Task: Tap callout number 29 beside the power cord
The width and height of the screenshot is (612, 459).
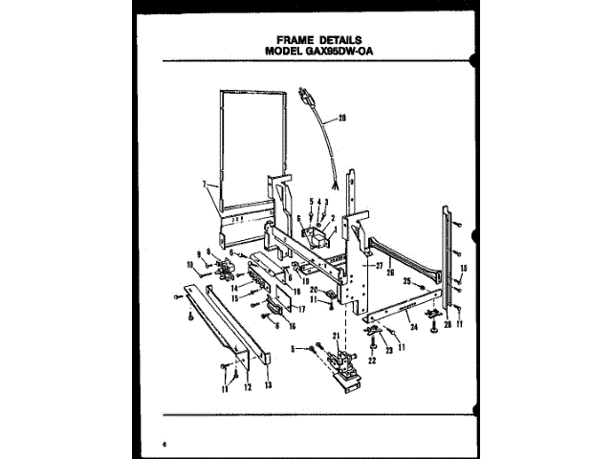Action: [x=341, y=119]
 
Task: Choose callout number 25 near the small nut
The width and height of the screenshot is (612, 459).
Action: [x=406, y=282]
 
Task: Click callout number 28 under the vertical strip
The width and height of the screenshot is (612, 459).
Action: [x=446, y=321]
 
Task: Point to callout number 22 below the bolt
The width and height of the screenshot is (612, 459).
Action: [x=371, y=361]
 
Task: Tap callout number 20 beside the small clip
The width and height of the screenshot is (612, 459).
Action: [x=313, y=292]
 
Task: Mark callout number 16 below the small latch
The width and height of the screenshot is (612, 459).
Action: [x=293, y=324]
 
